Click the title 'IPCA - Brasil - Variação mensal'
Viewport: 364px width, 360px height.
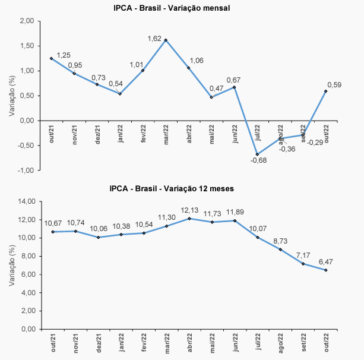point(172,8)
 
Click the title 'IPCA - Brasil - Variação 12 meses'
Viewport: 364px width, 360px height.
point(172,188)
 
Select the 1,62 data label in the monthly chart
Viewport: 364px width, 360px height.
point(155,39)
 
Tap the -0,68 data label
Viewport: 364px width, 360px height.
point(258,160)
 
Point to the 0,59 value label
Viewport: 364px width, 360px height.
point(334,85)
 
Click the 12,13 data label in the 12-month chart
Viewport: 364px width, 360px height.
point(191,211)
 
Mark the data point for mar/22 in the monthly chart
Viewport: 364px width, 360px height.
point(166,40)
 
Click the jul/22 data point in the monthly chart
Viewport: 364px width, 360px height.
point(257,154)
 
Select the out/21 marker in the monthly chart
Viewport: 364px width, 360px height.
point(51,58)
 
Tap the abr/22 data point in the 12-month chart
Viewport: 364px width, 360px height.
point(189,219)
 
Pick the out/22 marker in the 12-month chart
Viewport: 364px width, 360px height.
point(326,270)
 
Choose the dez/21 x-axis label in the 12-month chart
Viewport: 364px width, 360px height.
point(97,343)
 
